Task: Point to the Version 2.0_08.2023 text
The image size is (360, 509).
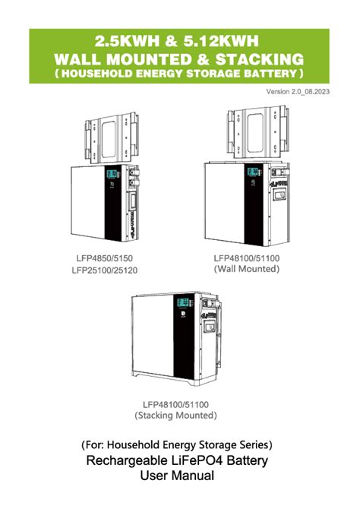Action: (298, 92)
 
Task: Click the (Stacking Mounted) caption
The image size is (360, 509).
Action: (176, 416)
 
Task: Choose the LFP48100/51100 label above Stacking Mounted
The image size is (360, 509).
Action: (176, 404)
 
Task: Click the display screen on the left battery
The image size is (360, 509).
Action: (111, 175)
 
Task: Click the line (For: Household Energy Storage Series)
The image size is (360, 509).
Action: (176, 444)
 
